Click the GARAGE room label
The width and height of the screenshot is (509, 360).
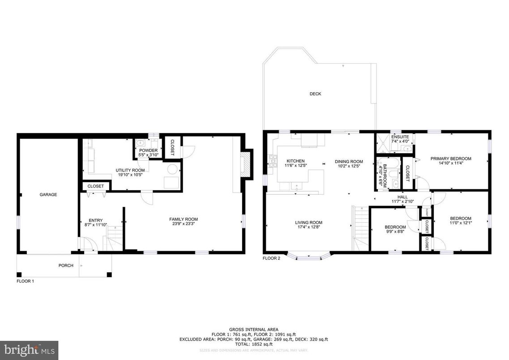48,195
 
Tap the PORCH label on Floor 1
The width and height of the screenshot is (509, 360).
66,266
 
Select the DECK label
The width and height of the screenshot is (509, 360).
315,94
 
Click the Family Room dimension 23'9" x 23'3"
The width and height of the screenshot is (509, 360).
184,224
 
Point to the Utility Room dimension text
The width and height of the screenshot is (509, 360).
130,175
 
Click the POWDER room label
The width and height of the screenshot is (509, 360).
148,150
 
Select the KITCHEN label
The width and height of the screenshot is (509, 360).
295,161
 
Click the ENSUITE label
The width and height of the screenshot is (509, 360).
397,137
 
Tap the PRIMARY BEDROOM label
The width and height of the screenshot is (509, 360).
451,159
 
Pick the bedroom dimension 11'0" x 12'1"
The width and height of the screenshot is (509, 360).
461,223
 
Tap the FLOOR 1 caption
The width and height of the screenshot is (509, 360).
25,281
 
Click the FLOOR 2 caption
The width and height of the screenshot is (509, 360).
271,258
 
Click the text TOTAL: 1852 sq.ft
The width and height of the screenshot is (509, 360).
253,344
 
